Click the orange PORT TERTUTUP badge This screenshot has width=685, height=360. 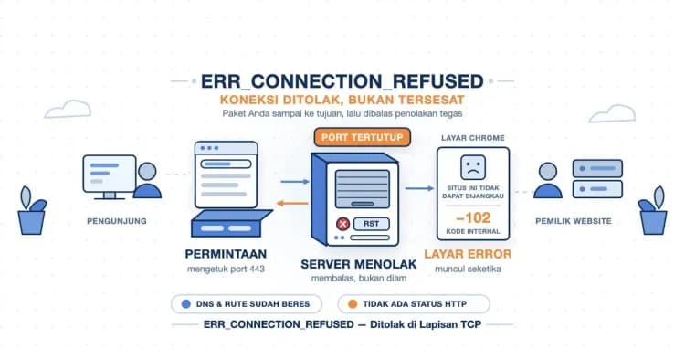point(363,137)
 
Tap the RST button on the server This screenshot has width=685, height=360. point(371,224)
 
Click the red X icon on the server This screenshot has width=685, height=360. point(342,224)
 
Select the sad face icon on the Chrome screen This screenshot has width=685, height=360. point(473,167)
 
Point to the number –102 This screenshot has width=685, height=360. point(473,217)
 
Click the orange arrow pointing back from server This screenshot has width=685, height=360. point(292,203)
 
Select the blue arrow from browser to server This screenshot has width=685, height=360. point(295,181)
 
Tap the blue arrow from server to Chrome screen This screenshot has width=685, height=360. point(419,188)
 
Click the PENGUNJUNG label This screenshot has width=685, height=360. point(117,221)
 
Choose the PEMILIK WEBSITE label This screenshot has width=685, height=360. point(574,221)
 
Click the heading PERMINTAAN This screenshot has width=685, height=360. point(226,254)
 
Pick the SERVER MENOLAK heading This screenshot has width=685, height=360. point(359,264)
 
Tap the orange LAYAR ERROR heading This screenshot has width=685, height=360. point(468,254)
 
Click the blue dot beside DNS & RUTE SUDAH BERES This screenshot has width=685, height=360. point(186,304)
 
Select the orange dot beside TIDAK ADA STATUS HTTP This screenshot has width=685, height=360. point(353,304)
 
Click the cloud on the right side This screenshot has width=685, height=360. point(612,113)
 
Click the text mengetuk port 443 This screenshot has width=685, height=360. point(226,270)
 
